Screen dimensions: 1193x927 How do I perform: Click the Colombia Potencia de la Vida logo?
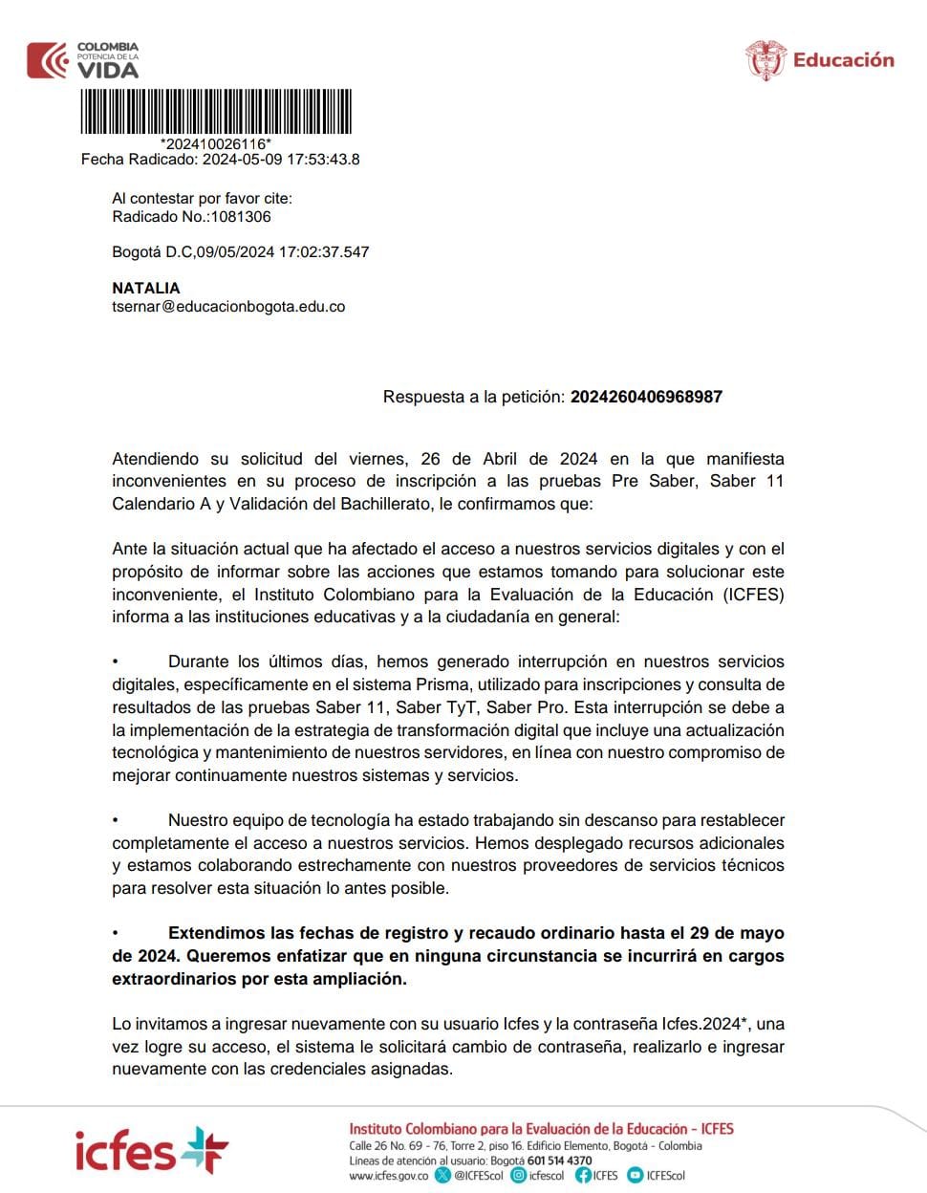click(x=83, y=60)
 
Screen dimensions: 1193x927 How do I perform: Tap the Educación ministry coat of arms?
click(x=765, y=60)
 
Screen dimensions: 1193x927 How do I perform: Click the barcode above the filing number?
click(x=216, y=112)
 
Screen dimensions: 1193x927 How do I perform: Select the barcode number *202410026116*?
click(x=216, y=144)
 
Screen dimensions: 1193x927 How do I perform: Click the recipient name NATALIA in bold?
click(x=146, y=288)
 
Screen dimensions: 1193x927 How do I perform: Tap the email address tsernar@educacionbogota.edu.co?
click(x=228, y=307)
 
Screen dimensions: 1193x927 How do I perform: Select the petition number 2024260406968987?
click(x=646, y=397)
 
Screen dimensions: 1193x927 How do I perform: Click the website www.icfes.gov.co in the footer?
click(x=388, y=1176)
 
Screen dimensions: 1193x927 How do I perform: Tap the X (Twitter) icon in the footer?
click(x=442, y=1176)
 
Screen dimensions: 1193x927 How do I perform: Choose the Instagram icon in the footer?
click(x=519, y=1176)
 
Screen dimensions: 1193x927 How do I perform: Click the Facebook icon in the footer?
click(x=583, y=1176)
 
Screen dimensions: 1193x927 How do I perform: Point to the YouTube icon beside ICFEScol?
click(x=636, y=1176)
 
